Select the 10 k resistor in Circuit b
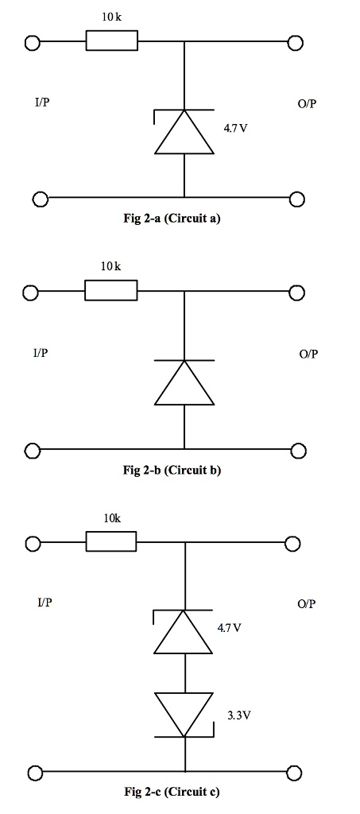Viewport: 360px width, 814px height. [111, 292]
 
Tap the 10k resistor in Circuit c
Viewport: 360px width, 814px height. [111, 543]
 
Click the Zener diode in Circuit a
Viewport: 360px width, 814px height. [184, 131]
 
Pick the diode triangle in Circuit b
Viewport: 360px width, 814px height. [184, 382]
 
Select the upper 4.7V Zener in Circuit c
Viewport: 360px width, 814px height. [184, 632]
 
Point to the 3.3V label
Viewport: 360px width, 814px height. [239, 715]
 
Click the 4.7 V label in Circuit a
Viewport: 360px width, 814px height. [237, 127]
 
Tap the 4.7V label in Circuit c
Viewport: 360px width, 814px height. [230, 628]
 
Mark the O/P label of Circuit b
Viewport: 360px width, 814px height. [308, 354]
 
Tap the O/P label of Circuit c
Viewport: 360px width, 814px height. [307, 604]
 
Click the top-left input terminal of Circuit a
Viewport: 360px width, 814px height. [33, 43]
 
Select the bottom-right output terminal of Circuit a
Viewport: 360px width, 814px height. [297, 198]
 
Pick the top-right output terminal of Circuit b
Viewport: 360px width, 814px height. [296, 293]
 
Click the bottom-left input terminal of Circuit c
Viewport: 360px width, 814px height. [33, 773]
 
